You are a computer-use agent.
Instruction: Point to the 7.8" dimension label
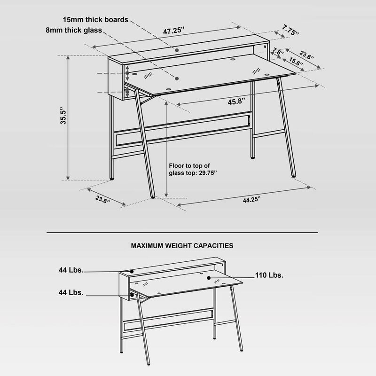pyautogui.click(x=278, y=52)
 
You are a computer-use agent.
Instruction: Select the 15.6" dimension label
pyautogui.click(x=296, y=62)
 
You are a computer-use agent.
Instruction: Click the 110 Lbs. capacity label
pyautogui.click(x=269, y=275)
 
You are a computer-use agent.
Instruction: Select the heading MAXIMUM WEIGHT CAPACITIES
pyautogui.click(x=182, y=245)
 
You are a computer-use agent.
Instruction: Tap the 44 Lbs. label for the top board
pyautogui.click(x=71, y=270)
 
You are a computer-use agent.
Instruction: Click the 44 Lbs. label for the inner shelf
pyautogui.click(x=71, y=292)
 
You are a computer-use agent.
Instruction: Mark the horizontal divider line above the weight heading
pyautogui.click(x=182, y=232)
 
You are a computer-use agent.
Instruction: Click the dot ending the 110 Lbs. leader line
pyautogui.click(x=207, y=278)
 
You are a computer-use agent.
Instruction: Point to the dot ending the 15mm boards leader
pyautogui.click(x=177, y=49)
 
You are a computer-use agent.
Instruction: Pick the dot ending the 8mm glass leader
pyautogui.click(x=178, y=77)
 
